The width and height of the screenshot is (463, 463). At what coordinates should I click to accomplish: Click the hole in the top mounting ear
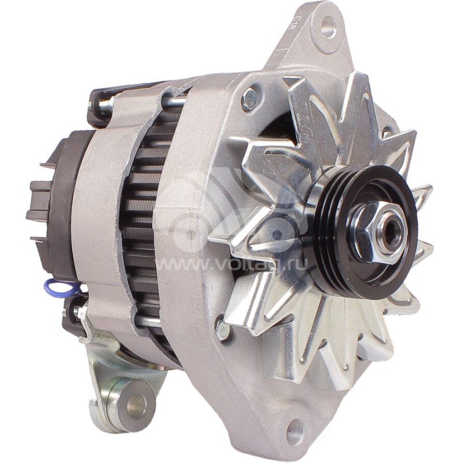coord(328,25)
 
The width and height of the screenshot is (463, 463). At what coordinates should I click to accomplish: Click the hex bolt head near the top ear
coord(250,99)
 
